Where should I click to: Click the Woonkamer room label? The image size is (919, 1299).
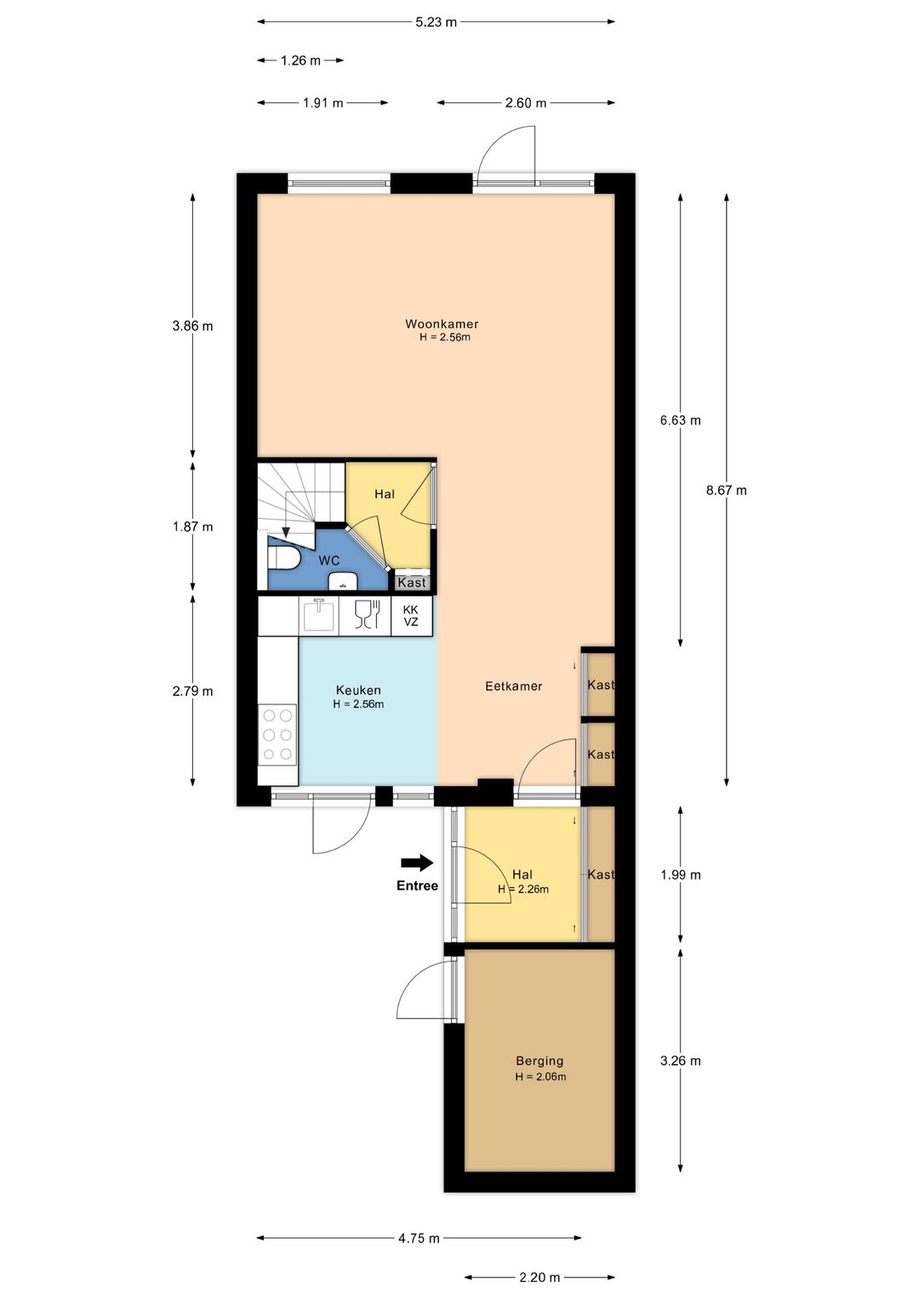pos(442,323)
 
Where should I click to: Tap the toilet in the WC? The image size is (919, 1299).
pos(283,559)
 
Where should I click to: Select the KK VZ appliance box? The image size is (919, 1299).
pos(411,617)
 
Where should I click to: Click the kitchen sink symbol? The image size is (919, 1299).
pos(318,615)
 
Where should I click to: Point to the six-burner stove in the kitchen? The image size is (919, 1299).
pos(277,735)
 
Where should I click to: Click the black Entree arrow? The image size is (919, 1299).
pos(417,863)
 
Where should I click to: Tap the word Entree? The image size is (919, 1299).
pos(417,886)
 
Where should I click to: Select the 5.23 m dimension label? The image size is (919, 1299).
pos(437,22)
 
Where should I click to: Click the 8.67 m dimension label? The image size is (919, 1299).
pos(727,490)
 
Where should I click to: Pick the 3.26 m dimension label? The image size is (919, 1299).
pos(681,1061)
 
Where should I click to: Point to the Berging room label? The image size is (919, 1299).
pos(539,1062)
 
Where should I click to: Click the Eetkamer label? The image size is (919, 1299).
pos(513,686)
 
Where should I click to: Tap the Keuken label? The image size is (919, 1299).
pos(358,690)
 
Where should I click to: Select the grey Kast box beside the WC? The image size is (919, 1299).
pos(412,582)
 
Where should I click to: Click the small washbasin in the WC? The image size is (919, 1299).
pos(343,581)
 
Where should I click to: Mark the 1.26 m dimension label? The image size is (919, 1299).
pos(300,60)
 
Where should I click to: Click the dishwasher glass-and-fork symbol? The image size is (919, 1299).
pos(367,615)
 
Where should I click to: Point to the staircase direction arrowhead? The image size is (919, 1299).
pos(285,533)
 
